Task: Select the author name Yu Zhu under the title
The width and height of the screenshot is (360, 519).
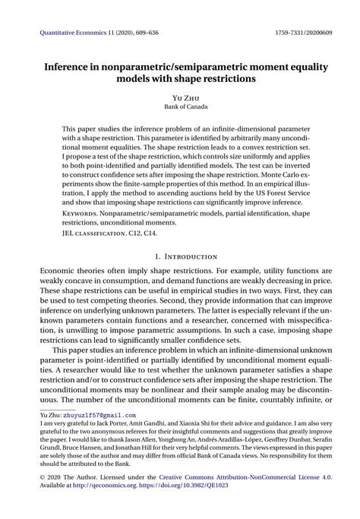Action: point(179,98)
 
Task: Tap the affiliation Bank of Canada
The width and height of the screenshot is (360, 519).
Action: point(179,108)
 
